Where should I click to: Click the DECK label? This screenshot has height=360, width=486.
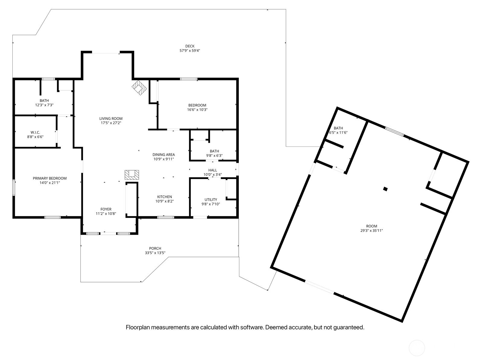coord(190,46)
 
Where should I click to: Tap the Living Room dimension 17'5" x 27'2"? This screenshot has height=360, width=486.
coord(111,123)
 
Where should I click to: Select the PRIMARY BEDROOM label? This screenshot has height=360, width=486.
coord(50,178)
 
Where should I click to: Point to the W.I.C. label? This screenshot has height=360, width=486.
coord(35,132)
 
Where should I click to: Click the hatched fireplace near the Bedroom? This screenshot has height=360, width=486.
coord(139,88)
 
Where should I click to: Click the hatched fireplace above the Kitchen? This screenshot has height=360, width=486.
coord(132,175)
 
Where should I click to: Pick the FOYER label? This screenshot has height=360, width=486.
coord(106,209)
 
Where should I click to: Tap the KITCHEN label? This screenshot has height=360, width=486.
coord(165,197)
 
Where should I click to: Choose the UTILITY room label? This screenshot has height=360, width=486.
coord(211,199)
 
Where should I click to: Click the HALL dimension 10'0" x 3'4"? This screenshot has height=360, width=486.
coord(213,175)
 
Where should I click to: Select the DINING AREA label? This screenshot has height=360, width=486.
coord(164,155)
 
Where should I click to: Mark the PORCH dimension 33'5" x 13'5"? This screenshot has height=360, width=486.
coord(155,253)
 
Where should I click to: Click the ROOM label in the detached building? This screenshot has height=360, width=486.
coord(372,226)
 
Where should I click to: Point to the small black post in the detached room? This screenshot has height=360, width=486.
coord(385,189)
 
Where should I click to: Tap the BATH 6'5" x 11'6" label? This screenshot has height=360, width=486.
coord(338,128)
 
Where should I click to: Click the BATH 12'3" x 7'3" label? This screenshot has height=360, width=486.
coord(44,101)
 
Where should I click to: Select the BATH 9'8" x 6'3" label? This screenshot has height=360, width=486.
coord(214,151)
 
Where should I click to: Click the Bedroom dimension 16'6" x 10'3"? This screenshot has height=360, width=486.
coord(197,110)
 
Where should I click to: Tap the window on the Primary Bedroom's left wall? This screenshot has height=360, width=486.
coord(14,188)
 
